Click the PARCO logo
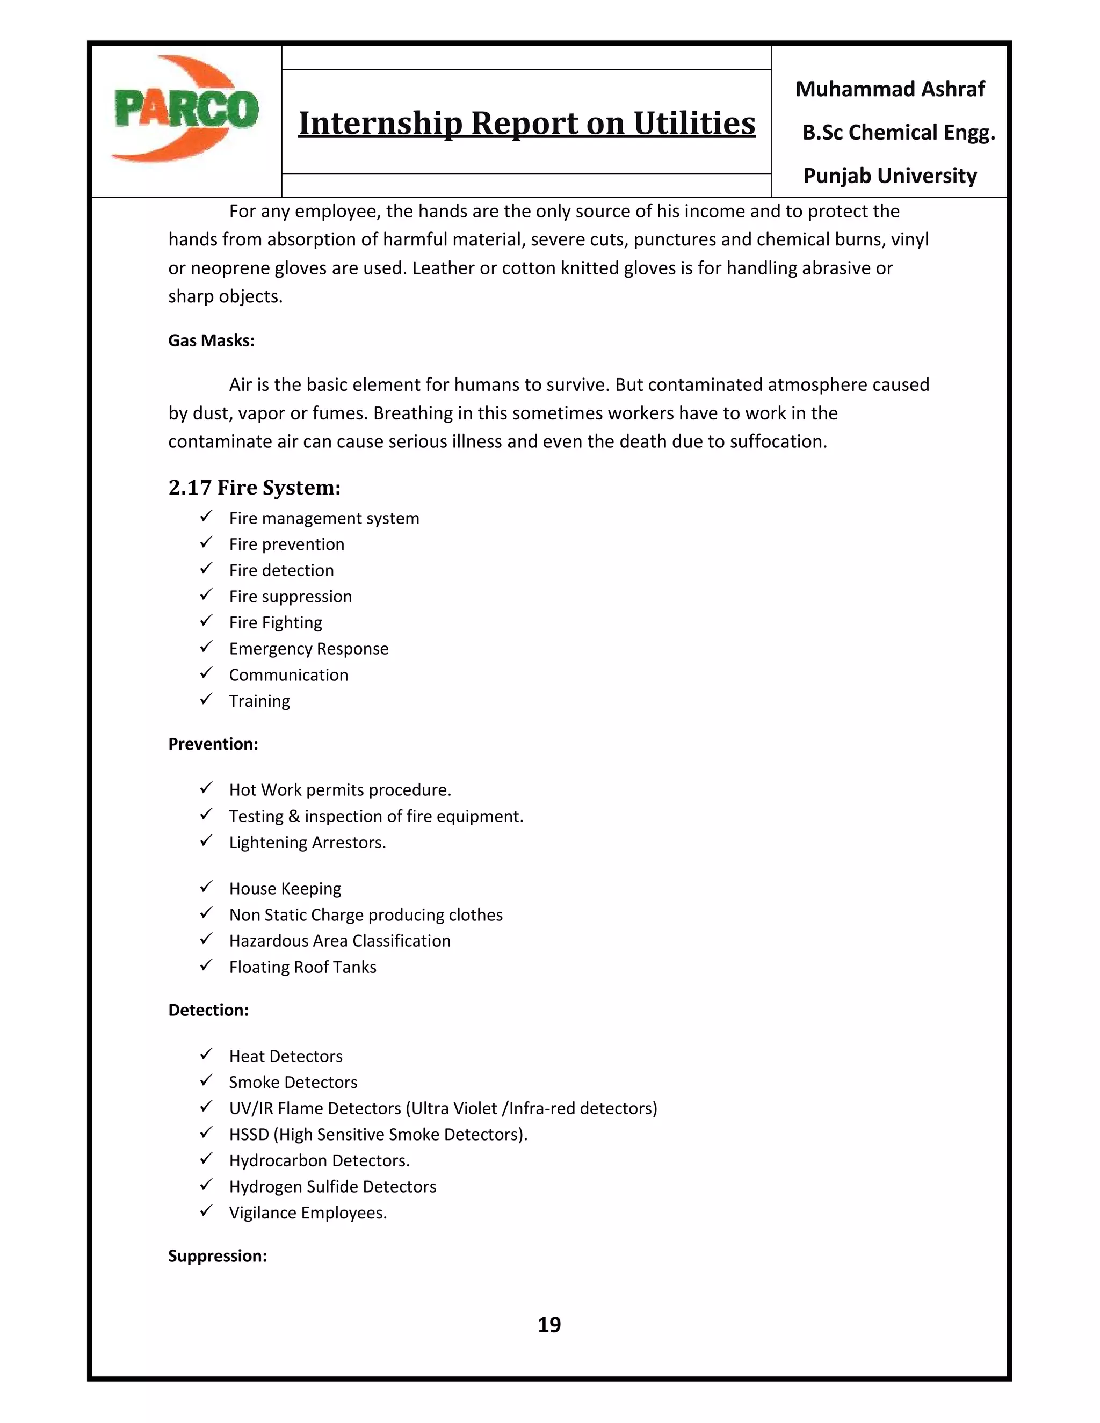(186, 110)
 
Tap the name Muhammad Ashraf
(889, 89)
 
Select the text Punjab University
(889, 176)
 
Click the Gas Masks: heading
(211, 341)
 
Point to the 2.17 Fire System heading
(254, 488)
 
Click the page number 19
(549, 1325)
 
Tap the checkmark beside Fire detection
(206, 569)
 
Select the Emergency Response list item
(308, 649)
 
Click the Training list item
(259, 701)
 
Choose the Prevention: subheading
(213, 744)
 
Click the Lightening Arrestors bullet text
(307, 843)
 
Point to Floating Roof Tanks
(302, 967)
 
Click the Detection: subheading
(208, 1010)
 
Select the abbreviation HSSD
(249, 1134)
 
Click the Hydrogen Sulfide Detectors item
(332, 1187)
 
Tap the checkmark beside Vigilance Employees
(206, 1211)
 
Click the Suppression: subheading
(218, 1255)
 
